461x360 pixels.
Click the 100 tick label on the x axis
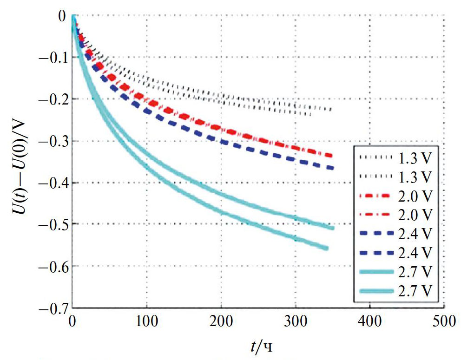(146, 321)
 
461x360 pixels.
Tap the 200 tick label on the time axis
(221, 321)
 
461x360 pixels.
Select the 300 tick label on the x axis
(295, 321)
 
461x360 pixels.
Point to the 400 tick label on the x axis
(369, 321)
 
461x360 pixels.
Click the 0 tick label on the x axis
(72, 321)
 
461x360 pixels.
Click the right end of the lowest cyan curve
(328, 249)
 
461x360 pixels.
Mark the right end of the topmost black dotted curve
(331, 110)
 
